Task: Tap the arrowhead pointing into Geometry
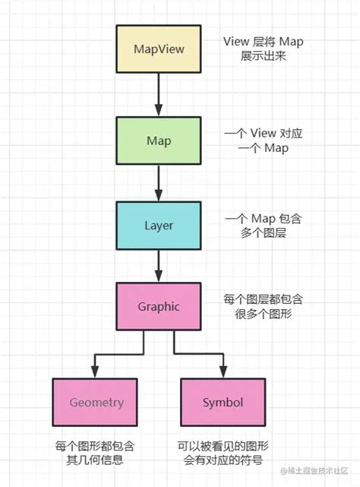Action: click(x=93, y=370)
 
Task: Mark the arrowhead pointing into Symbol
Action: click(x=223, y=370)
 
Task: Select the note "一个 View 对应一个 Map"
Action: click(x=263, y=140)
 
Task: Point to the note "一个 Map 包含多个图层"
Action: click(x=263, y=226)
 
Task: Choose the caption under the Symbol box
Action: click(x=225, y=452)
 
